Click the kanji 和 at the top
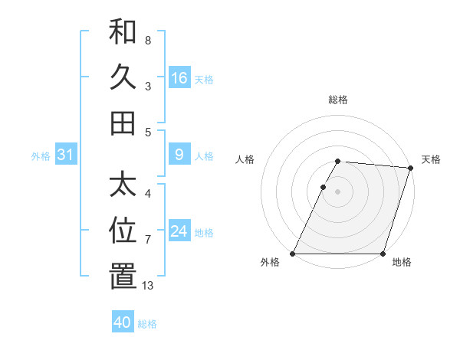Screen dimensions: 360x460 [x=123, y=32]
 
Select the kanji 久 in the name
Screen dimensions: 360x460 [x=123, y=77]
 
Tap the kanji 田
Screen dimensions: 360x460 [x=123, y=123]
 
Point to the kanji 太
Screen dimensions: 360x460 [x=123, y=185]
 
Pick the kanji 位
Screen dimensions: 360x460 [x=123, y=231]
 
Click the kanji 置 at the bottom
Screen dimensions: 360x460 [x=123, y=277]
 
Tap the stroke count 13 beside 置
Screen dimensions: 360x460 [x=148, y=286]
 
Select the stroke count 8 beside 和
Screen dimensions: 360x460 [x=148, y=40]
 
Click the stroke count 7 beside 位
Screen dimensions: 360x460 [x=148, y=240]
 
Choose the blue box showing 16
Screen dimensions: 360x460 [x=179, y=78]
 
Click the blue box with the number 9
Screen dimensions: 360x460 [x=179, y=155]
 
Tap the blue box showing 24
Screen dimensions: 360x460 [x=179, y=232]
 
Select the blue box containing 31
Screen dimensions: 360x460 [x=65, y=155]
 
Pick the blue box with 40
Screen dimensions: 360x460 [x=123, y=322]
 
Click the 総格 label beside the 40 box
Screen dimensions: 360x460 [x=147, y=324]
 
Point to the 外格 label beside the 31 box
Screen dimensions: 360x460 [x=41, y=156]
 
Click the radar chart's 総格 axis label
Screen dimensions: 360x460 [x=338, y=100]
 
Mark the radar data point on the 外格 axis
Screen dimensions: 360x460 [x=293, y=254]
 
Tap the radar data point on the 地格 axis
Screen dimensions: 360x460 [x=383, y=254]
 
